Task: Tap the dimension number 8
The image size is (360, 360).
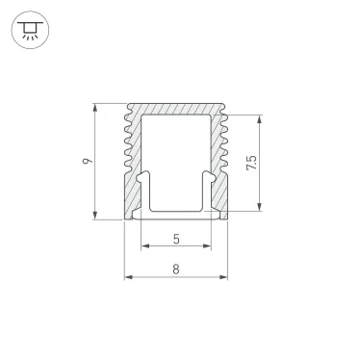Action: (177, 270)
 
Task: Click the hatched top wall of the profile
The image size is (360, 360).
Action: (177, 109)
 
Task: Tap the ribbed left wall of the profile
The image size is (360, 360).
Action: (131, 159)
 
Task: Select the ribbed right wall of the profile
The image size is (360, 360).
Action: (222, 159)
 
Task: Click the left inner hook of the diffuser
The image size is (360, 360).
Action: (144, 178)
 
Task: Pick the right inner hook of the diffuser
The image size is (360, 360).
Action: (210, 178)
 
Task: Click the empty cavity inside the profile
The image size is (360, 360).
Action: (177, 154)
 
